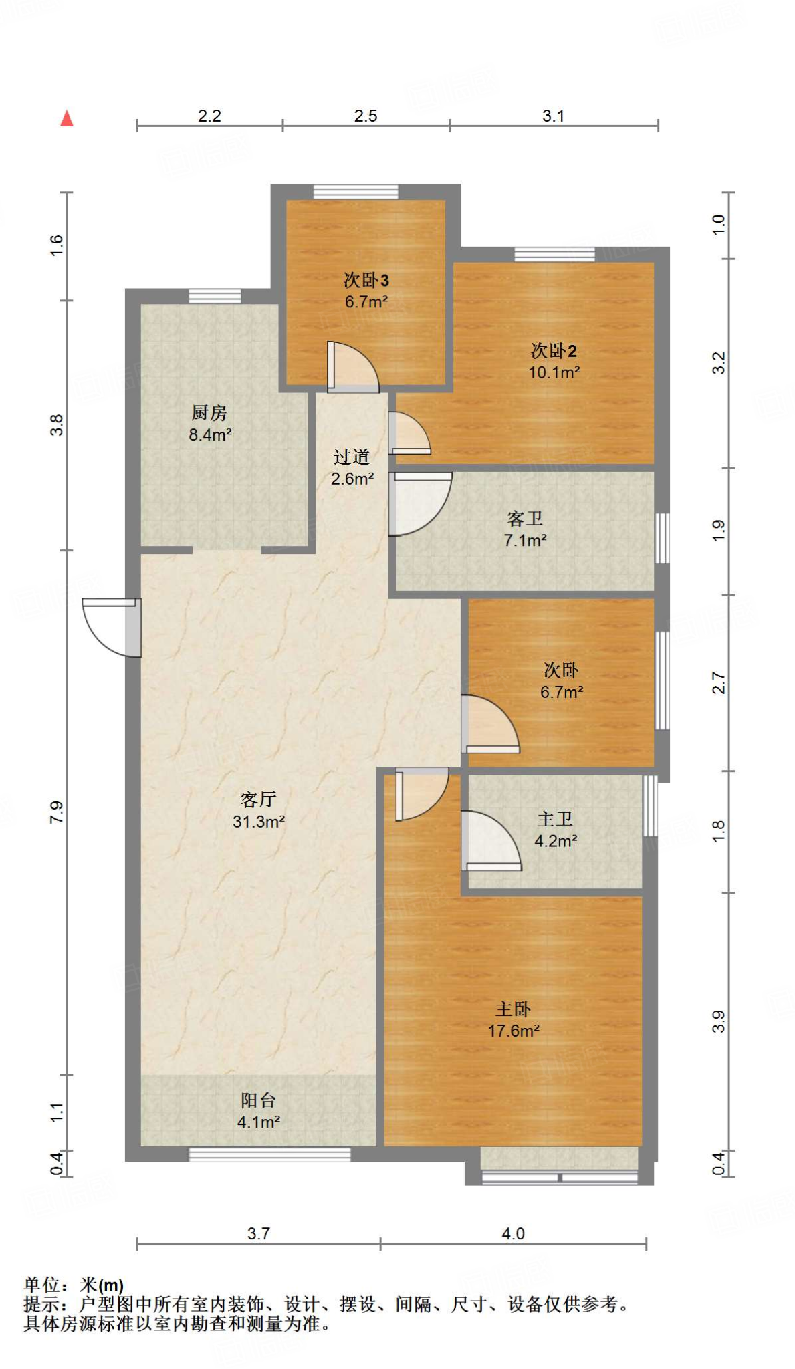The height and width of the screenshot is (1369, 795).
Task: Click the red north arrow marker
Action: tap(66, 119)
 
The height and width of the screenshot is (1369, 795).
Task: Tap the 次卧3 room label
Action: tap(366, 280)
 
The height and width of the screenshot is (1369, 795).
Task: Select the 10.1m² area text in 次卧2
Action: tap(554, 372)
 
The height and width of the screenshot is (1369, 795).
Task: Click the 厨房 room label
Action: tap(209, 413)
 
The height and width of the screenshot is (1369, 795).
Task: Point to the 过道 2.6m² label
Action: tap(352, 467)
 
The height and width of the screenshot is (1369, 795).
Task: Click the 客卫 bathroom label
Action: tap(525, 519)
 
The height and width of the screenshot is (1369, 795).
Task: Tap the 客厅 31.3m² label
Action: tap(259, 810)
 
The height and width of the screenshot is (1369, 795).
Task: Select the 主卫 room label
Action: tap(555, 819)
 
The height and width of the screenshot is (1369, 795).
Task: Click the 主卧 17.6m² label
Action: tap(514, 1019)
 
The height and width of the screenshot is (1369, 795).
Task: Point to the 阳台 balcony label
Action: tap(258, 1100)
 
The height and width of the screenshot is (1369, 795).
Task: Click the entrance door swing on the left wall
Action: tap(110, 627)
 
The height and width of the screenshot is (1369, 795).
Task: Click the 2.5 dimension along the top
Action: tap(366, 116)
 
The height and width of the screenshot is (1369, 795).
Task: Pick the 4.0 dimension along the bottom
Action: tap(513, 1233)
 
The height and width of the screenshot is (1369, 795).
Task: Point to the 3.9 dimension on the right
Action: tap(718, 1021)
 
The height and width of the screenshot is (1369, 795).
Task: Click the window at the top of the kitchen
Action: tap(215, 296)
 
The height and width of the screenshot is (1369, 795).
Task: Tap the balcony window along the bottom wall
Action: tap(269, 1154)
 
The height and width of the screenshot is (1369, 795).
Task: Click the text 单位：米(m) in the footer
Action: tap(74, 1285)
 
